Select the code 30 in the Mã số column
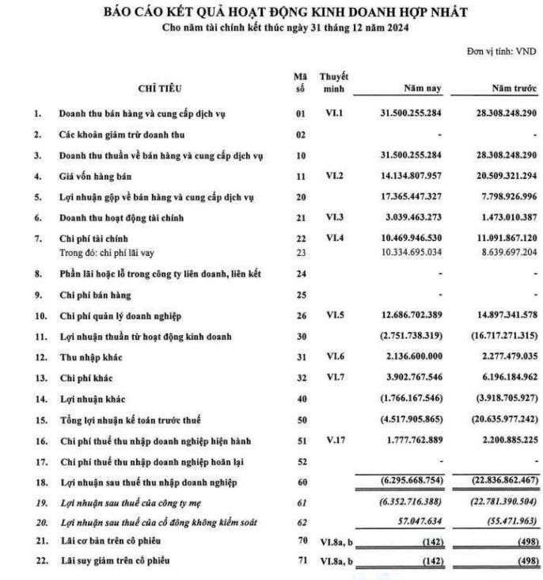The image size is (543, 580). tap(299, 337)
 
